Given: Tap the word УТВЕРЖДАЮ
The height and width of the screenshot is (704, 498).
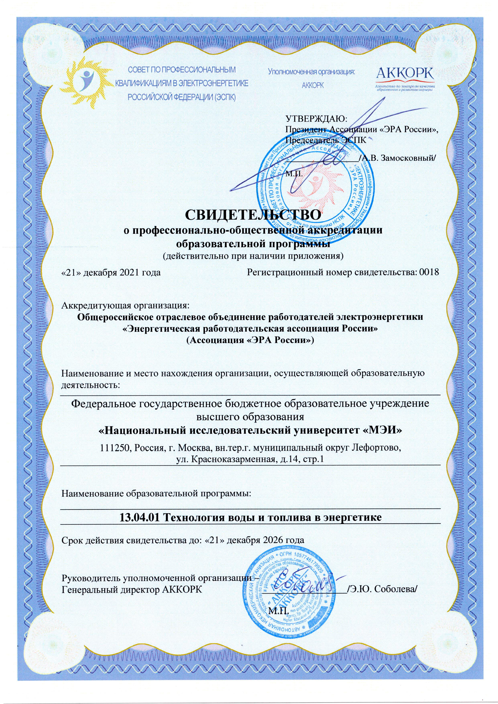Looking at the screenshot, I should point(316,118).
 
